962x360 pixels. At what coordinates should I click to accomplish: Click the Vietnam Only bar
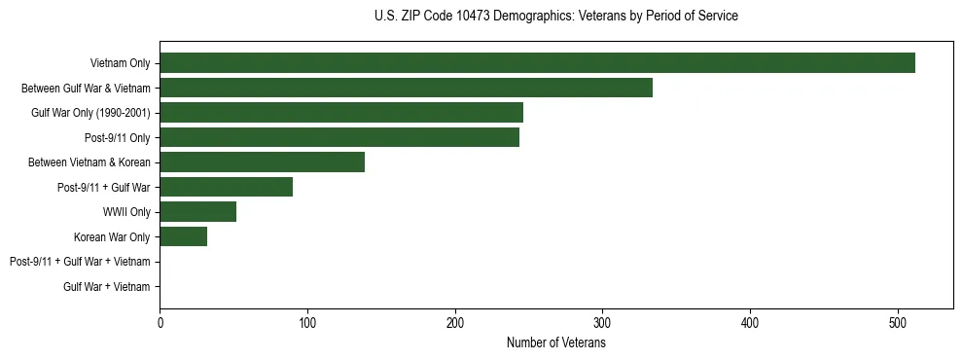537,63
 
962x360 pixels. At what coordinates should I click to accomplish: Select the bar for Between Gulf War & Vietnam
406,88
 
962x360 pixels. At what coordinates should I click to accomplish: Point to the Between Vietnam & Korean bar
262,162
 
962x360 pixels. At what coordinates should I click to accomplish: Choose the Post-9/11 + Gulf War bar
226,187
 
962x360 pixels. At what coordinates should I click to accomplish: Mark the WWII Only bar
197,212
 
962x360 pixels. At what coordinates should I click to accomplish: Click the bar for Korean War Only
183,236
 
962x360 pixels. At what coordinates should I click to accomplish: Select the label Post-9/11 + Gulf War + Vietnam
80,262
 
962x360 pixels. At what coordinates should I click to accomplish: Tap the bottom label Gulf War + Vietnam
107,287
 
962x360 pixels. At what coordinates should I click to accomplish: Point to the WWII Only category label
126,212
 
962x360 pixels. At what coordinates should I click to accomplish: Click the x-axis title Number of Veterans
555,343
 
